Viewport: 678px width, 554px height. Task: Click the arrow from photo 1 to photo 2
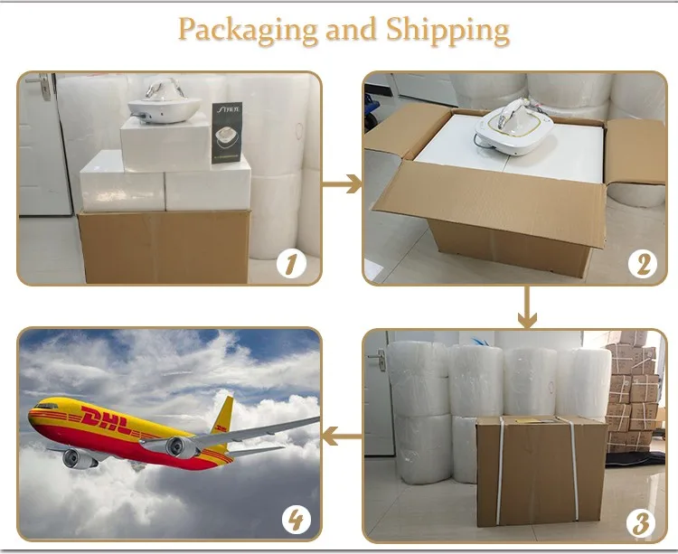(x=342, y=184)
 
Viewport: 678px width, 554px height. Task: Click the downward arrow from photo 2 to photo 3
(x=526, y=307)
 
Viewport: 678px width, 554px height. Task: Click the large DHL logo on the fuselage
(x=108, y=419)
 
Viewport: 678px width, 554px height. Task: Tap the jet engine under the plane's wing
(x=180, y=446)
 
